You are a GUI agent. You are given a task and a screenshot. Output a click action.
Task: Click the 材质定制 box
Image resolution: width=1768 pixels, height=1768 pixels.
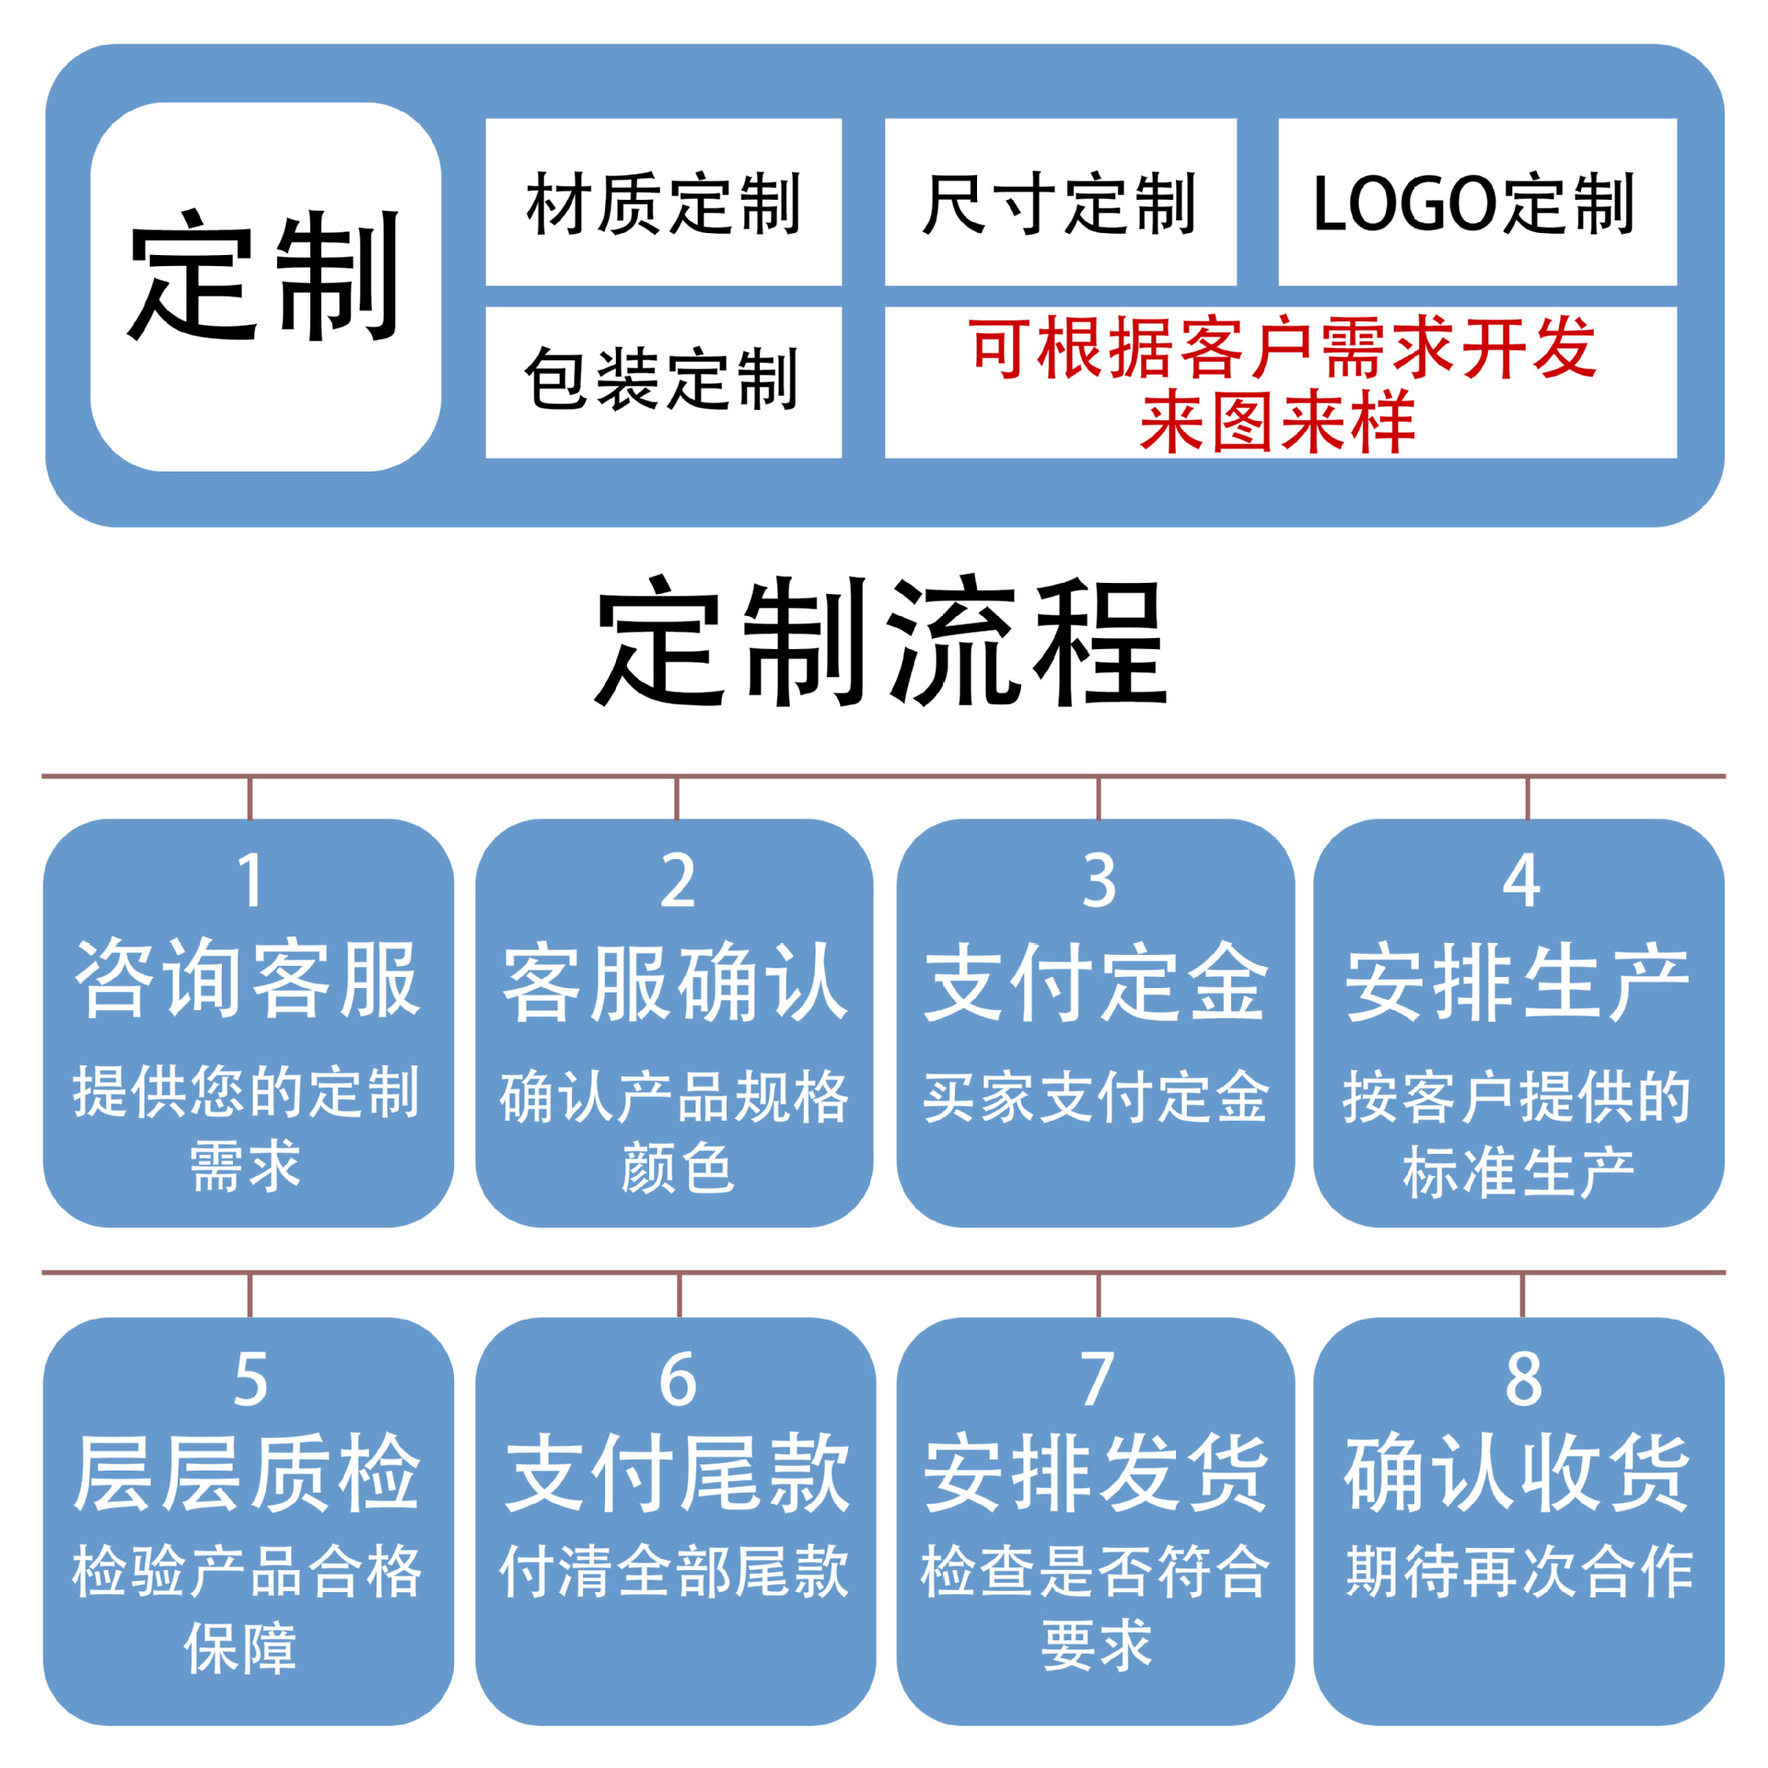tap(663, 203)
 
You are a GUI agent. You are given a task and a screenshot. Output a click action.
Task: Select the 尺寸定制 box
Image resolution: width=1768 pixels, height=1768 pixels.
tap(1059, 203)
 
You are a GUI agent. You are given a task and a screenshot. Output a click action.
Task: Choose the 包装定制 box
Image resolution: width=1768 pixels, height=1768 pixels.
tap(663, 380)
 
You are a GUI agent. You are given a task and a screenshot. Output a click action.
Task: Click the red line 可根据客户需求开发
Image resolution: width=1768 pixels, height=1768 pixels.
tap(1282, 347)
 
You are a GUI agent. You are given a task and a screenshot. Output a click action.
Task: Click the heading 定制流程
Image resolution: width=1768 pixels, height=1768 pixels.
tap(881, 642)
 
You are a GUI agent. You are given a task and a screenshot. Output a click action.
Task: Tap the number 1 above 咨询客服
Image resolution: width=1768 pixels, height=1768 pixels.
tap(250, 881)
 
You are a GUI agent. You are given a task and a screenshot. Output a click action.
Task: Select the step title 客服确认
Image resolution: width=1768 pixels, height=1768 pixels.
tap(675, 983)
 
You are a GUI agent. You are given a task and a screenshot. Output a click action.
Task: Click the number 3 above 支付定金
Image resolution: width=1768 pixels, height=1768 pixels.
tap(1099, 881)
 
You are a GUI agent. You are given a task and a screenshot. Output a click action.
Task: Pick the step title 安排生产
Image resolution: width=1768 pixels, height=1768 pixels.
tap(1518, 983)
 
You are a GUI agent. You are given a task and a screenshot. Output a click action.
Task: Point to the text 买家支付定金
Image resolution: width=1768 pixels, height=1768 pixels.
tap(1096, 1097)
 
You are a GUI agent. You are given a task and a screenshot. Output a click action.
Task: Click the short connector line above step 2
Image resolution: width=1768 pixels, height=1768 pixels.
tap(677, 798)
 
